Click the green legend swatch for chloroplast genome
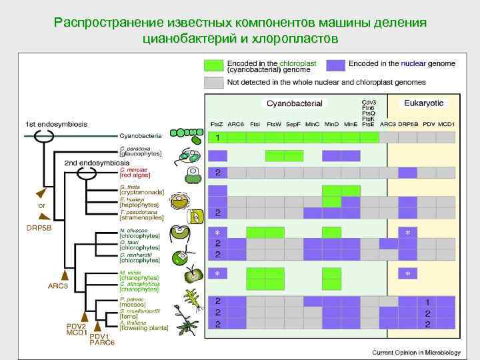click(x=213, y=65)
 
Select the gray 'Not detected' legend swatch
click(x=213, y=83)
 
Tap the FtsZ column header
click(x=217, y=124)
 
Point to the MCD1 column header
click(x=447, y=124)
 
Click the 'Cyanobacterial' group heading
click(x=294, y=104)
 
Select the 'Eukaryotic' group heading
click(x=423, y=104)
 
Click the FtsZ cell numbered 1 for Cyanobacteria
click(x=217, y=137)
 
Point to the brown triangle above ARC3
click(x=65, y=274)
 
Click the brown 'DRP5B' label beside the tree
click(x=39, y=227)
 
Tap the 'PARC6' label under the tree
click(x=102, y=343)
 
